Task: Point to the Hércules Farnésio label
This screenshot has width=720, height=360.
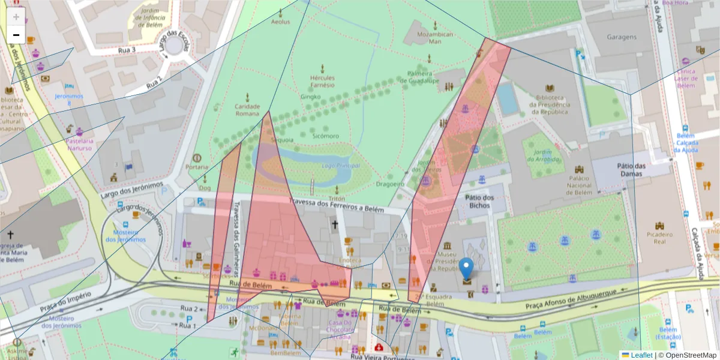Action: (322, 82)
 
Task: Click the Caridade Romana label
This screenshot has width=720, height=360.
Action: (247, 110)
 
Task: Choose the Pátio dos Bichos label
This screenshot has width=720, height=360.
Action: (479, 201)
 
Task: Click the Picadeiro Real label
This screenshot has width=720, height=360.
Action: (660, 238)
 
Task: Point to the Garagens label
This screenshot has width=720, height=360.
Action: (621, 37)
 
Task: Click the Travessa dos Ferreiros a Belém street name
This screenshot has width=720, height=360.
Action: (336, 205)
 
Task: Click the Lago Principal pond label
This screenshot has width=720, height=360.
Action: (341, 166)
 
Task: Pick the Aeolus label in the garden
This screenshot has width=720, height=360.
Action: (280, 22)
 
